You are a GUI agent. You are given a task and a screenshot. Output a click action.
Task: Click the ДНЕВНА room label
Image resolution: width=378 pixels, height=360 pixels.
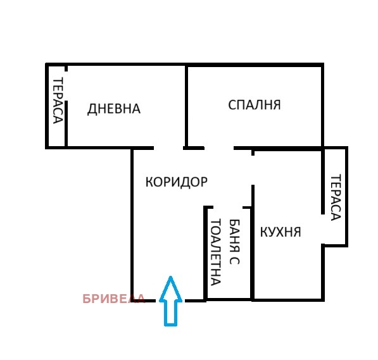(x=113, y=109)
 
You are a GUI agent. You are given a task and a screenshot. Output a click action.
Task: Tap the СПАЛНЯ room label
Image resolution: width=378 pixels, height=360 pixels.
(x=254, y=105)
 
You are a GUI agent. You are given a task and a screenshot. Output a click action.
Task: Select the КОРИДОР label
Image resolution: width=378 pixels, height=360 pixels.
(x=176, y=182)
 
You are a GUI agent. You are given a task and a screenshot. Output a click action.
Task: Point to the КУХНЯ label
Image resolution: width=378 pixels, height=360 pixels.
(x=280, y=232)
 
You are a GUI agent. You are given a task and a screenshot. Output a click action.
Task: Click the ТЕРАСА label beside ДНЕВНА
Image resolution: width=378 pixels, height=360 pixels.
(x=58, y=101)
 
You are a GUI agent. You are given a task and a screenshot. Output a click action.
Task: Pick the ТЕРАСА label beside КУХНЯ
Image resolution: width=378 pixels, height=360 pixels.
(x=335, y=197)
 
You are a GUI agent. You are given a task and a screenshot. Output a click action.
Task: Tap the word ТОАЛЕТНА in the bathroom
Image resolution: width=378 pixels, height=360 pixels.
(x=215, y=252)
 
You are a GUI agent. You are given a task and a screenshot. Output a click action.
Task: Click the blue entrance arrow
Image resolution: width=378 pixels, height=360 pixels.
(x=170, y=302)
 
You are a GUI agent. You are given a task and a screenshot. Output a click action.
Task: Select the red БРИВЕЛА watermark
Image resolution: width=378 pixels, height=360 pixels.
(x=114, y=299)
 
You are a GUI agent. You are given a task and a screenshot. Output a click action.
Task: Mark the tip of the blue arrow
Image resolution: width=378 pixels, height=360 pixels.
(x=170, y=278)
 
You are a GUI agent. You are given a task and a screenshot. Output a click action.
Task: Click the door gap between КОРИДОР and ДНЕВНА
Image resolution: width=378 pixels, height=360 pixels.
(x=168, y=147)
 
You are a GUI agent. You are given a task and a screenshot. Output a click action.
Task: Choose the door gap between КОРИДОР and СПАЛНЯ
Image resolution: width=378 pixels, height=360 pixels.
(x=218, y=147)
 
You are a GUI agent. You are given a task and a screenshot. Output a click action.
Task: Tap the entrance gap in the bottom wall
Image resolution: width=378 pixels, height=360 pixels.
(x=170, y=301)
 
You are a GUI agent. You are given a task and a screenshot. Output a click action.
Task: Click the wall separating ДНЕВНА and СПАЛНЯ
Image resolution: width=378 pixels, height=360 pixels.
(x=186, y=105)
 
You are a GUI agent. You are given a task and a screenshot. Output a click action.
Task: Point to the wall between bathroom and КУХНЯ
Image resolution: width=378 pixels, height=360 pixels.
(x=253, y=253)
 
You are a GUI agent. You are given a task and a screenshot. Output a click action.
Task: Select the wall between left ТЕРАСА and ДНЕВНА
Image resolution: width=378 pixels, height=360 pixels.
(x=66, y=106)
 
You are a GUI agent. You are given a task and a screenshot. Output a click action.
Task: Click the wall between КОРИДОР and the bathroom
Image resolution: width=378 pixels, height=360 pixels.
(x=205, y=253)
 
